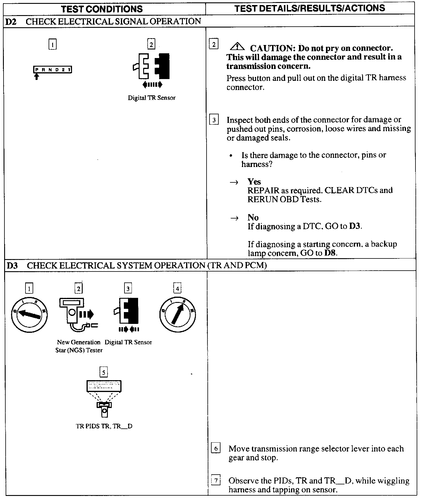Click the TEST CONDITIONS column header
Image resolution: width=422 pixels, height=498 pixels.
pyautogui.click(x=102, y=9)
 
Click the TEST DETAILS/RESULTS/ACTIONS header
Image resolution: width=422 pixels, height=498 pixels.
pyautogui.click(x=310, y=8)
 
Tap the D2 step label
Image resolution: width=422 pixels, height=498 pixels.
pyautogui.click(x=11, y=21)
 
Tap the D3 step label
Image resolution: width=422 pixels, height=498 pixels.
pyautogui.click(x=12, y=265)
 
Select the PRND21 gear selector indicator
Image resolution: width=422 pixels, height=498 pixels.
pyautogui.click(x=52, y=70)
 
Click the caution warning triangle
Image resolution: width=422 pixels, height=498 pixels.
pyautogui.click(x=237, y=46)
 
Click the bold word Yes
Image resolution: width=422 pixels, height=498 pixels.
pyautogui.click(x=254, y=181)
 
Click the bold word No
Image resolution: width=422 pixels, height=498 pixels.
pyautogui.click(x=253, y=217)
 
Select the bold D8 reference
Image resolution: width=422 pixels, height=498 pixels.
pyautogui.click(x=331, y=253)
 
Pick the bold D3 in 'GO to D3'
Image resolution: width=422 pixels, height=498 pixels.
pyautogui.click(x=355, y=226)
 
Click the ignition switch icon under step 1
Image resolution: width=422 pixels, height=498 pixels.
pyautogui.click(x=29, y=314)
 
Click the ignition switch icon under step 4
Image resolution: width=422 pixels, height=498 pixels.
pyautogui.click(x=178, y=314)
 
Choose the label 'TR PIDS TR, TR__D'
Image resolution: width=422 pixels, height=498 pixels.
pyautogui.click(x=104, y=426)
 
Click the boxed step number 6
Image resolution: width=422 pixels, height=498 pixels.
pyautogui.click(x=215, y=449)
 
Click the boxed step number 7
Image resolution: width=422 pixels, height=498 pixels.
pyautogui.click(x=216, y=481)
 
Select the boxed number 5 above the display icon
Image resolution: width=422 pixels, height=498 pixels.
pyautogui.click(x=103, y=372)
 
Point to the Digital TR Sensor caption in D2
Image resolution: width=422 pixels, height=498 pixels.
pyautogui.click(x=151, y=98)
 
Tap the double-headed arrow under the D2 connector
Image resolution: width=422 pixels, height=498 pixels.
pyautogui.click(x=152, y=85)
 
